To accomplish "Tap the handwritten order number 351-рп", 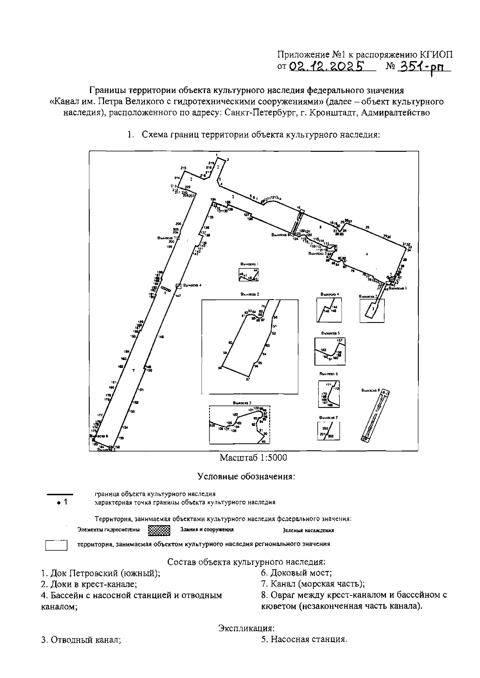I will [423, 67].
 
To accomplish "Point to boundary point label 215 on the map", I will [184, 168].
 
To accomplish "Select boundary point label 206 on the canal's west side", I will [178, 224].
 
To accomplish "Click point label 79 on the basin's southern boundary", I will [352, 271].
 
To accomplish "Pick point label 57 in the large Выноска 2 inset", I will [248, 379].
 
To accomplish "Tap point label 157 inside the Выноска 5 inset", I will [340, 340].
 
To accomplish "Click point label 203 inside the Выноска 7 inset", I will [325, 428].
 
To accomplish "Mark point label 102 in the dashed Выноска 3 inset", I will [235, 415].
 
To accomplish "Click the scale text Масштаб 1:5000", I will [253, 457].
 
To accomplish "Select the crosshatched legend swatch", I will [159, 530].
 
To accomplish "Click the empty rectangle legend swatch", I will [56, 545].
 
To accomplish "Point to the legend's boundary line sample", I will [60, 494].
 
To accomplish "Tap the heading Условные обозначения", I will [246, 477].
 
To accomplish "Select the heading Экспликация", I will [246, 628].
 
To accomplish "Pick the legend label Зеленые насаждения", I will [308, 531].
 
